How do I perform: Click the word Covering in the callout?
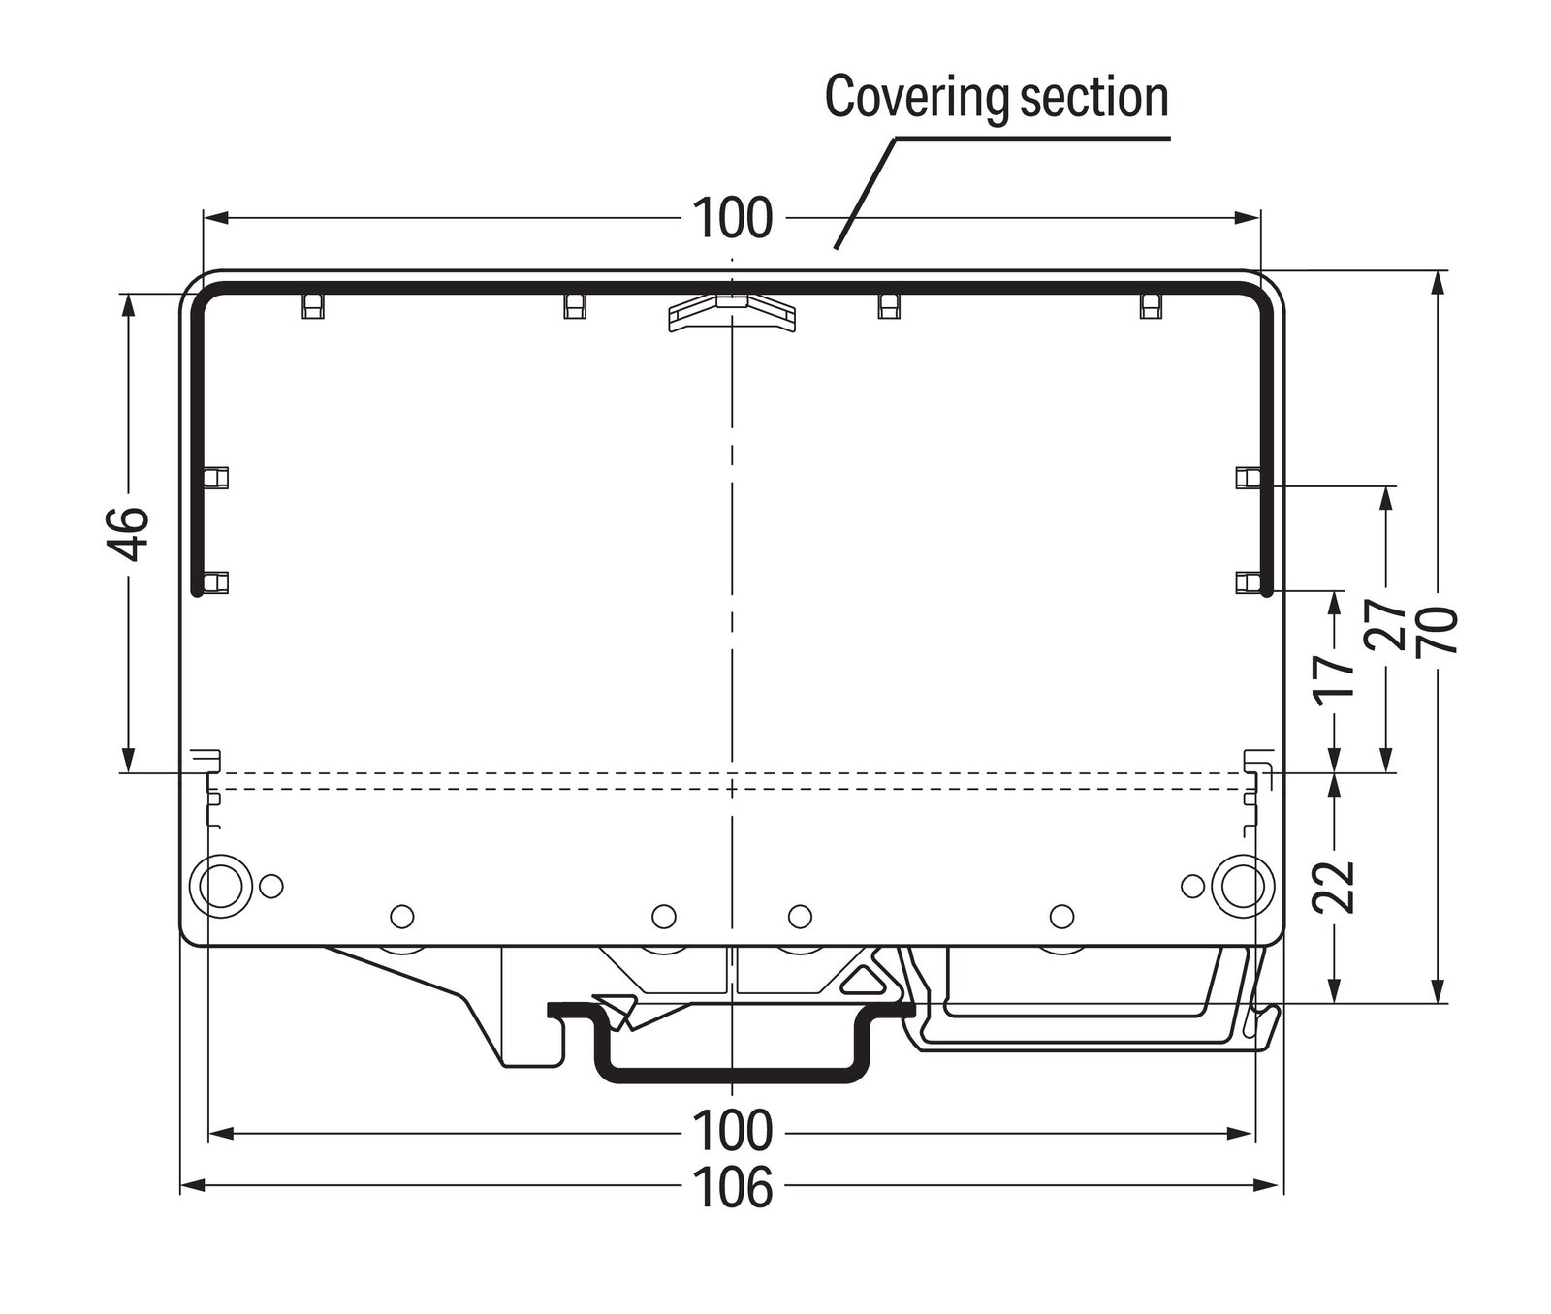pyautogui.click(x=905, y=99)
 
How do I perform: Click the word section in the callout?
pyautogui.click(x=1083, y=97)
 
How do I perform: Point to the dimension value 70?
pyautogui.click(x=1438, y=631)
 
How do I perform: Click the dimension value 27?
pyautogui.click(x=1386, y=625)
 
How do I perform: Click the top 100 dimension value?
pyautogui.click(x=734, y=218)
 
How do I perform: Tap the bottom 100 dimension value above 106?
pyautogui.click(x=734, y=1130)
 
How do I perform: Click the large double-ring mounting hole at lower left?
pyautogui.click(x=222, y=883)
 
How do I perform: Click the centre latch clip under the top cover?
pyautogui.click(x=732, y=312)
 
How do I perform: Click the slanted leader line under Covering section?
pyautogui.click(x=864, y=194)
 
